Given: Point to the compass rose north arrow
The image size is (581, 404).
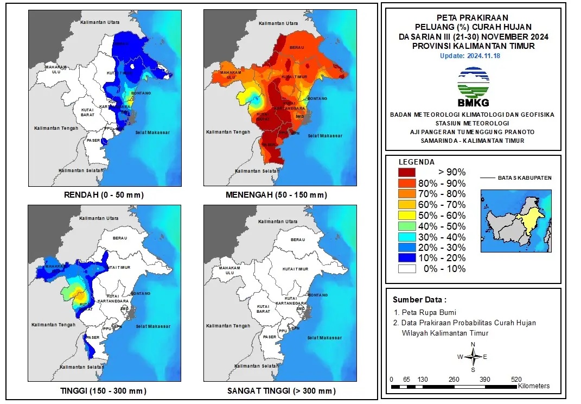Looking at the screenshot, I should click(473, 357).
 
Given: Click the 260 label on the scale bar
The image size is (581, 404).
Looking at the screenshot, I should click(454, 379).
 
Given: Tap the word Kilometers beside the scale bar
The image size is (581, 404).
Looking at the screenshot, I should click(534, 386).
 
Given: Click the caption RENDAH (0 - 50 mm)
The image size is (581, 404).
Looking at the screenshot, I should click(104, 195).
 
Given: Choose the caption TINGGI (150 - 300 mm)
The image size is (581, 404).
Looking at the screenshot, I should click(104, 391).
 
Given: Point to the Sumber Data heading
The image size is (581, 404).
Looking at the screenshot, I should click(420, 300).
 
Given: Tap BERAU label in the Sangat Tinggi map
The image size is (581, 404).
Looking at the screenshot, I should click(296, 239).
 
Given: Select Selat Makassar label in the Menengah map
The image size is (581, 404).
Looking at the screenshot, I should click(327, 135).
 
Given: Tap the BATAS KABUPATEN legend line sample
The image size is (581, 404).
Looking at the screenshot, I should click(489, 178).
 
